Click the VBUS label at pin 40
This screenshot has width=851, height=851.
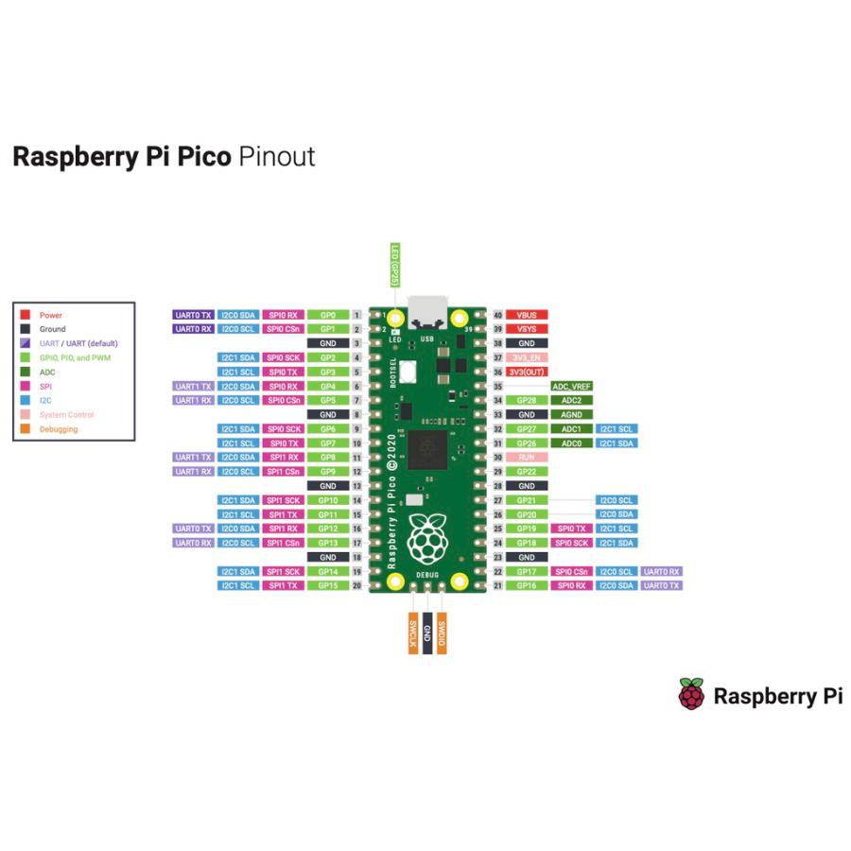527,314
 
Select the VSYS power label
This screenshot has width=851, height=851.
527,329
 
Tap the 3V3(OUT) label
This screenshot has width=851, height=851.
527,372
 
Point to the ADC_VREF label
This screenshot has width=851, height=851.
571,387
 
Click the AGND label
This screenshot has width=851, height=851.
571,415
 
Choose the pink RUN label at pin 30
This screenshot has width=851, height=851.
527,458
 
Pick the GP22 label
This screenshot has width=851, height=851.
527,472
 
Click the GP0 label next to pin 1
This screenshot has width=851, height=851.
328,314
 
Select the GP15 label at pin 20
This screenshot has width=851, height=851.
328,586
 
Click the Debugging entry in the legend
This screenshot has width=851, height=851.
59,429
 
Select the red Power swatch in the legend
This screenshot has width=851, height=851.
26,315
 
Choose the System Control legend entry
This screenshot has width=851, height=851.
66,415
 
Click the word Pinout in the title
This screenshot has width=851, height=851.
276,156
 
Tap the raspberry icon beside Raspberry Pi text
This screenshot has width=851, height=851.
691,696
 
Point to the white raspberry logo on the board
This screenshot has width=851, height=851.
427,539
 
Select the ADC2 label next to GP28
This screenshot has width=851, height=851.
571,401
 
